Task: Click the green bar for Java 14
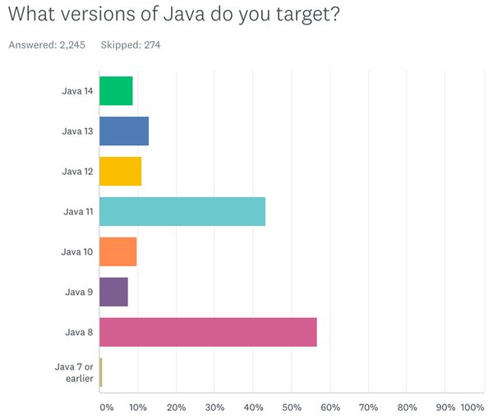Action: [116, 90]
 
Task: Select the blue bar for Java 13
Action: [124, 131]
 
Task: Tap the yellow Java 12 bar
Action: [120, 171]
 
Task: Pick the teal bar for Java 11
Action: [182, 211]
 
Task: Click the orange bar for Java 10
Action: [117, 251]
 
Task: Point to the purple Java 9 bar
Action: [113, 292]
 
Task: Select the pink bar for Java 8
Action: [208, 332]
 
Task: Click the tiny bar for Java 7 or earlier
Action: [100, 372]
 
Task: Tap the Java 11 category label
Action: [77, 211]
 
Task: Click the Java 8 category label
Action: [80, 332]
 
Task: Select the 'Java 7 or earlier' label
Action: [74, 372]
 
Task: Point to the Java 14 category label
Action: [77, 90]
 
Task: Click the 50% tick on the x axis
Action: [292, 407]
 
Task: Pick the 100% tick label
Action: [472, 407]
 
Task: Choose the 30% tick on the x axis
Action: [214, 407]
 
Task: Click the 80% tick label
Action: [407, 407]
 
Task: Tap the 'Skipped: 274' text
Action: [130, 44]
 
